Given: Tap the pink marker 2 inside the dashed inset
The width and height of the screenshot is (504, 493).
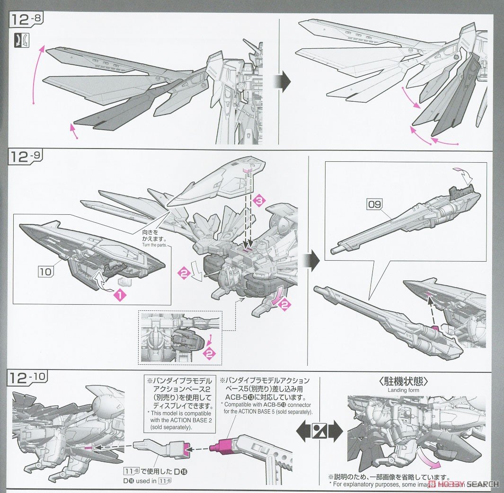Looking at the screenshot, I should pos(207,353).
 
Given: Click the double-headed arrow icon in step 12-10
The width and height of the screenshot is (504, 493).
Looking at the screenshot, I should pos(319,431).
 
